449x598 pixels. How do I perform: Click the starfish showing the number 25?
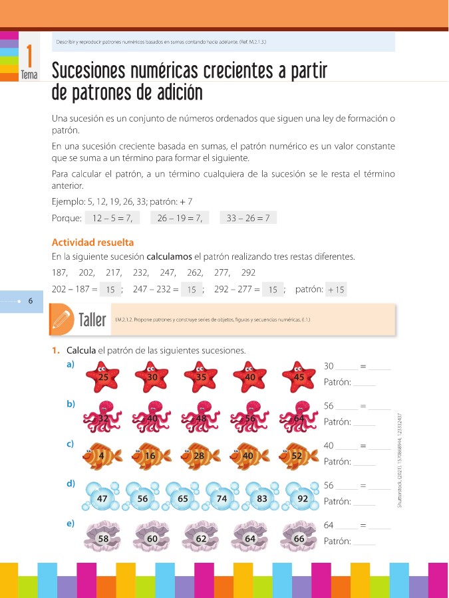pos(103,377)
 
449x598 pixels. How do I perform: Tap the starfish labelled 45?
pos(299,377)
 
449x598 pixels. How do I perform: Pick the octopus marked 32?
pos(103,419)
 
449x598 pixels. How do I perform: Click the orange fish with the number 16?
pos(152,456)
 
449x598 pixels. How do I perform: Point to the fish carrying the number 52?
pos(297,456)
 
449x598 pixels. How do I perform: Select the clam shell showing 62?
pos(200,539)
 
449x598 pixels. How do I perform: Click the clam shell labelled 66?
pos(299,539)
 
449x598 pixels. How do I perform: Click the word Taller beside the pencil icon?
pos(92,321)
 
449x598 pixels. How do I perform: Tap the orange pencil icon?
pos(63,320)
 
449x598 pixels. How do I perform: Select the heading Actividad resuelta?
pos(92,243)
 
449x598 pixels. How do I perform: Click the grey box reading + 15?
pos(336,290)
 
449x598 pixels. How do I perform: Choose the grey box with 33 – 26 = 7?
pos(247,218)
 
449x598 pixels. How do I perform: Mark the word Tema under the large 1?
pos(29,75)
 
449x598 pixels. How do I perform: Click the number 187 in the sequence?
pos(60,272)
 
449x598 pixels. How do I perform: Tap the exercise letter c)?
pos(71,444)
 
